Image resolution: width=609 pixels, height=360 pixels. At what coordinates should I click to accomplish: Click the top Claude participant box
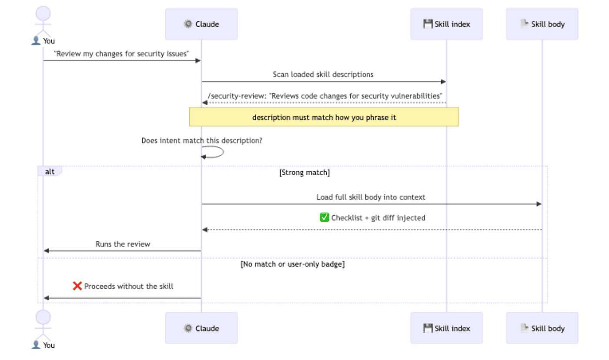pyautogui.click(x=201, y=24)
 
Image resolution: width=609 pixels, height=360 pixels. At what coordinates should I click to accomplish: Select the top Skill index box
pyautogui.click(x=446, y=24)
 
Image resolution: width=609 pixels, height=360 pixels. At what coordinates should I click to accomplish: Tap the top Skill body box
pyautogui.click(x=542, y=24)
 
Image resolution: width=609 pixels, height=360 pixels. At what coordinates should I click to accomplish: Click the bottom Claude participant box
pyautogui.click(x=201, y=328)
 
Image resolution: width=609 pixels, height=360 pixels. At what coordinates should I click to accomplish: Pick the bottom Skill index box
pyautogui.click(x=446, y=328)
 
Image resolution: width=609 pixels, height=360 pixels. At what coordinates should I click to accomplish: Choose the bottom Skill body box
pyautogui.click(x=542, y=328)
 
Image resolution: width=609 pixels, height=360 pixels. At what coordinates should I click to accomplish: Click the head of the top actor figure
pyautogui.click(x=43, y=13)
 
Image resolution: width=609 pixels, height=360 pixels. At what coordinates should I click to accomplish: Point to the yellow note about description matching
pyautogui.click(x=324, y=117)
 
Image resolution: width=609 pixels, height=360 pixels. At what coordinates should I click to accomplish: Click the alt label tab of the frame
pyautogui.click(x=50, y=171)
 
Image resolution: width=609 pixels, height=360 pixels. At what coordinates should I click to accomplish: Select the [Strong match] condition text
pyautogui.click(x=304, y=173)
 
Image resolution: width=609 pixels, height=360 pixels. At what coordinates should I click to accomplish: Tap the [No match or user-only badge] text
pyautogui.click(x=292, y=264)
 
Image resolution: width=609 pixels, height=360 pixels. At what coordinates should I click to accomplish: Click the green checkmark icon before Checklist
pyautogui.click(x=325, y=217)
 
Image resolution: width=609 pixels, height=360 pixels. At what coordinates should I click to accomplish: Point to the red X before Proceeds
pyautogui.click(x=77, y=286)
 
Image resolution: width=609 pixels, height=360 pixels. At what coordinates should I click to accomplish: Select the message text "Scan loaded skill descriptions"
pyautogui.click(x=323, y=74)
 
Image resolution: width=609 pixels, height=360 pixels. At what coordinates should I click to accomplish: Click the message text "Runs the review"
pyautogui.click(x=123, y=244)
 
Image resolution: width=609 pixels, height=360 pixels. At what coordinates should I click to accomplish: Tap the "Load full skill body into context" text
pyautogui.click(x=371, y=197)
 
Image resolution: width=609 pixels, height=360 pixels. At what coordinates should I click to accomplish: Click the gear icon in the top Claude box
pyautogui.click(x=188, y=24)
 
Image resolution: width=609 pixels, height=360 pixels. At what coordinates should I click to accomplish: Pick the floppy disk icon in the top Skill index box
pyautogui.click(x=428, y=24)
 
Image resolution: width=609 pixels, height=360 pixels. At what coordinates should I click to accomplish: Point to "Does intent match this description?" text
pyautogui.click(x=202, y=140)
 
